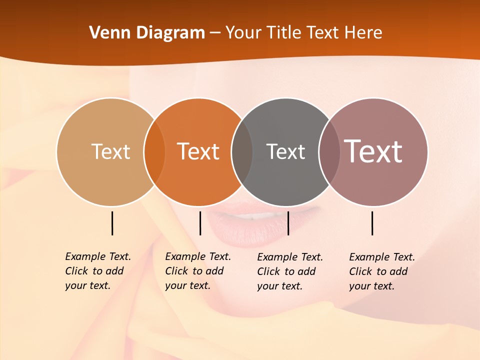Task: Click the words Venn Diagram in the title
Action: (147, 33)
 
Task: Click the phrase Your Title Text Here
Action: (303, 33)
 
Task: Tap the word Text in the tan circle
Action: (110, 151)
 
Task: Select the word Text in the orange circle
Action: (198, 151)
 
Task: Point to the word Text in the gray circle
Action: (285, 151)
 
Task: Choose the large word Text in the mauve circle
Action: (373, 151)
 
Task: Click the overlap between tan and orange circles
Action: (154, 152)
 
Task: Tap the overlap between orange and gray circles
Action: (242, 152)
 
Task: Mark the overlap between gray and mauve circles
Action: (329, 152)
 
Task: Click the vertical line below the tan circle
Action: (112, 223)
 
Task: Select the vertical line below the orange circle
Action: (200, 223)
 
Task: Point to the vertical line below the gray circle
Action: (288, 223)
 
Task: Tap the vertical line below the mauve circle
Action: (372, 223)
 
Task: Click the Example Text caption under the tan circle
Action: (97, 271)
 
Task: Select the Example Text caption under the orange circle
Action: (197, 271)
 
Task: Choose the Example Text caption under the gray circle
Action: (289, 271)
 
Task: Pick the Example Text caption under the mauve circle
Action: (381, 271)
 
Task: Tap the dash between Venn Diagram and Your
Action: (215, 33)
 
